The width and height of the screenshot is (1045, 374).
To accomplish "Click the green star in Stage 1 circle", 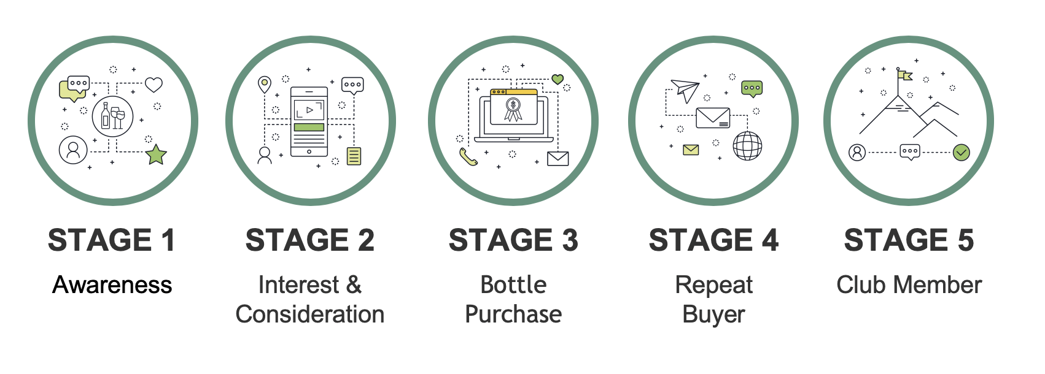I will [157, 155].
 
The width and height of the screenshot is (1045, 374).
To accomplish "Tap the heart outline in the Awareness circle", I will [153, 85].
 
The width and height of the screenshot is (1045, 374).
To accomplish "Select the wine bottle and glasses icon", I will [112, 116].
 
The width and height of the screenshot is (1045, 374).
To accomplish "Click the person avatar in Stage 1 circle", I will [73, 150].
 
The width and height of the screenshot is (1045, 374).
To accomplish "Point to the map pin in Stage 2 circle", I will [264, 84].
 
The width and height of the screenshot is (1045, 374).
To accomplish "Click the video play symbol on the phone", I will [309, 110].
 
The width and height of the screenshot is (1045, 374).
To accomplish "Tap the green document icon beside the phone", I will [354, 156].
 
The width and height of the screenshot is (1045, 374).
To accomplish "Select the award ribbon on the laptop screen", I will [513, 109].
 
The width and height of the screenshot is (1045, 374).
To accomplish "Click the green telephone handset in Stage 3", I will [468, 158].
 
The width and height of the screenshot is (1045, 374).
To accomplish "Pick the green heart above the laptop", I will [557, 79].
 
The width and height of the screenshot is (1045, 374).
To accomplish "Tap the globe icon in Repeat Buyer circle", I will [747, 146].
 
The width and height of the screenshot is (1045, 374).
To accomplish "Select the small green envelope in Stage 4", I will [691, 150].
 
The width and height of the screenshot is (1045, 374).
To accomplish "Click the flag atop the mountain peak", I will [904, 75].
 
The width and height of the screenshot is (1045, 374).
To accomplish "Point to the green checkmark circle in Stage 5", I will [961, 152].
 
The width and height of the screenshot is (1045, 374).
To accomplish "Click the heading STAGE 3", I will [513, 240].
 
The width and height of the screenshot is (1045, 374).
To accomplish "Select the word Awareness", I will [112, 285].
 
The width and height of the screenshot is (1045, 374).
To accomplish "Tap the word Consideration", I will [310, 315].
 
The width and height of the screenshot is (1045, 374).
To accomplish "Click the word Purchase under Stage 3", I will [513, 315].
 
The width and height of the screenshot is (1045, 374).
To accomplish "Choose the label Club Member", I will [909, 285].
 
